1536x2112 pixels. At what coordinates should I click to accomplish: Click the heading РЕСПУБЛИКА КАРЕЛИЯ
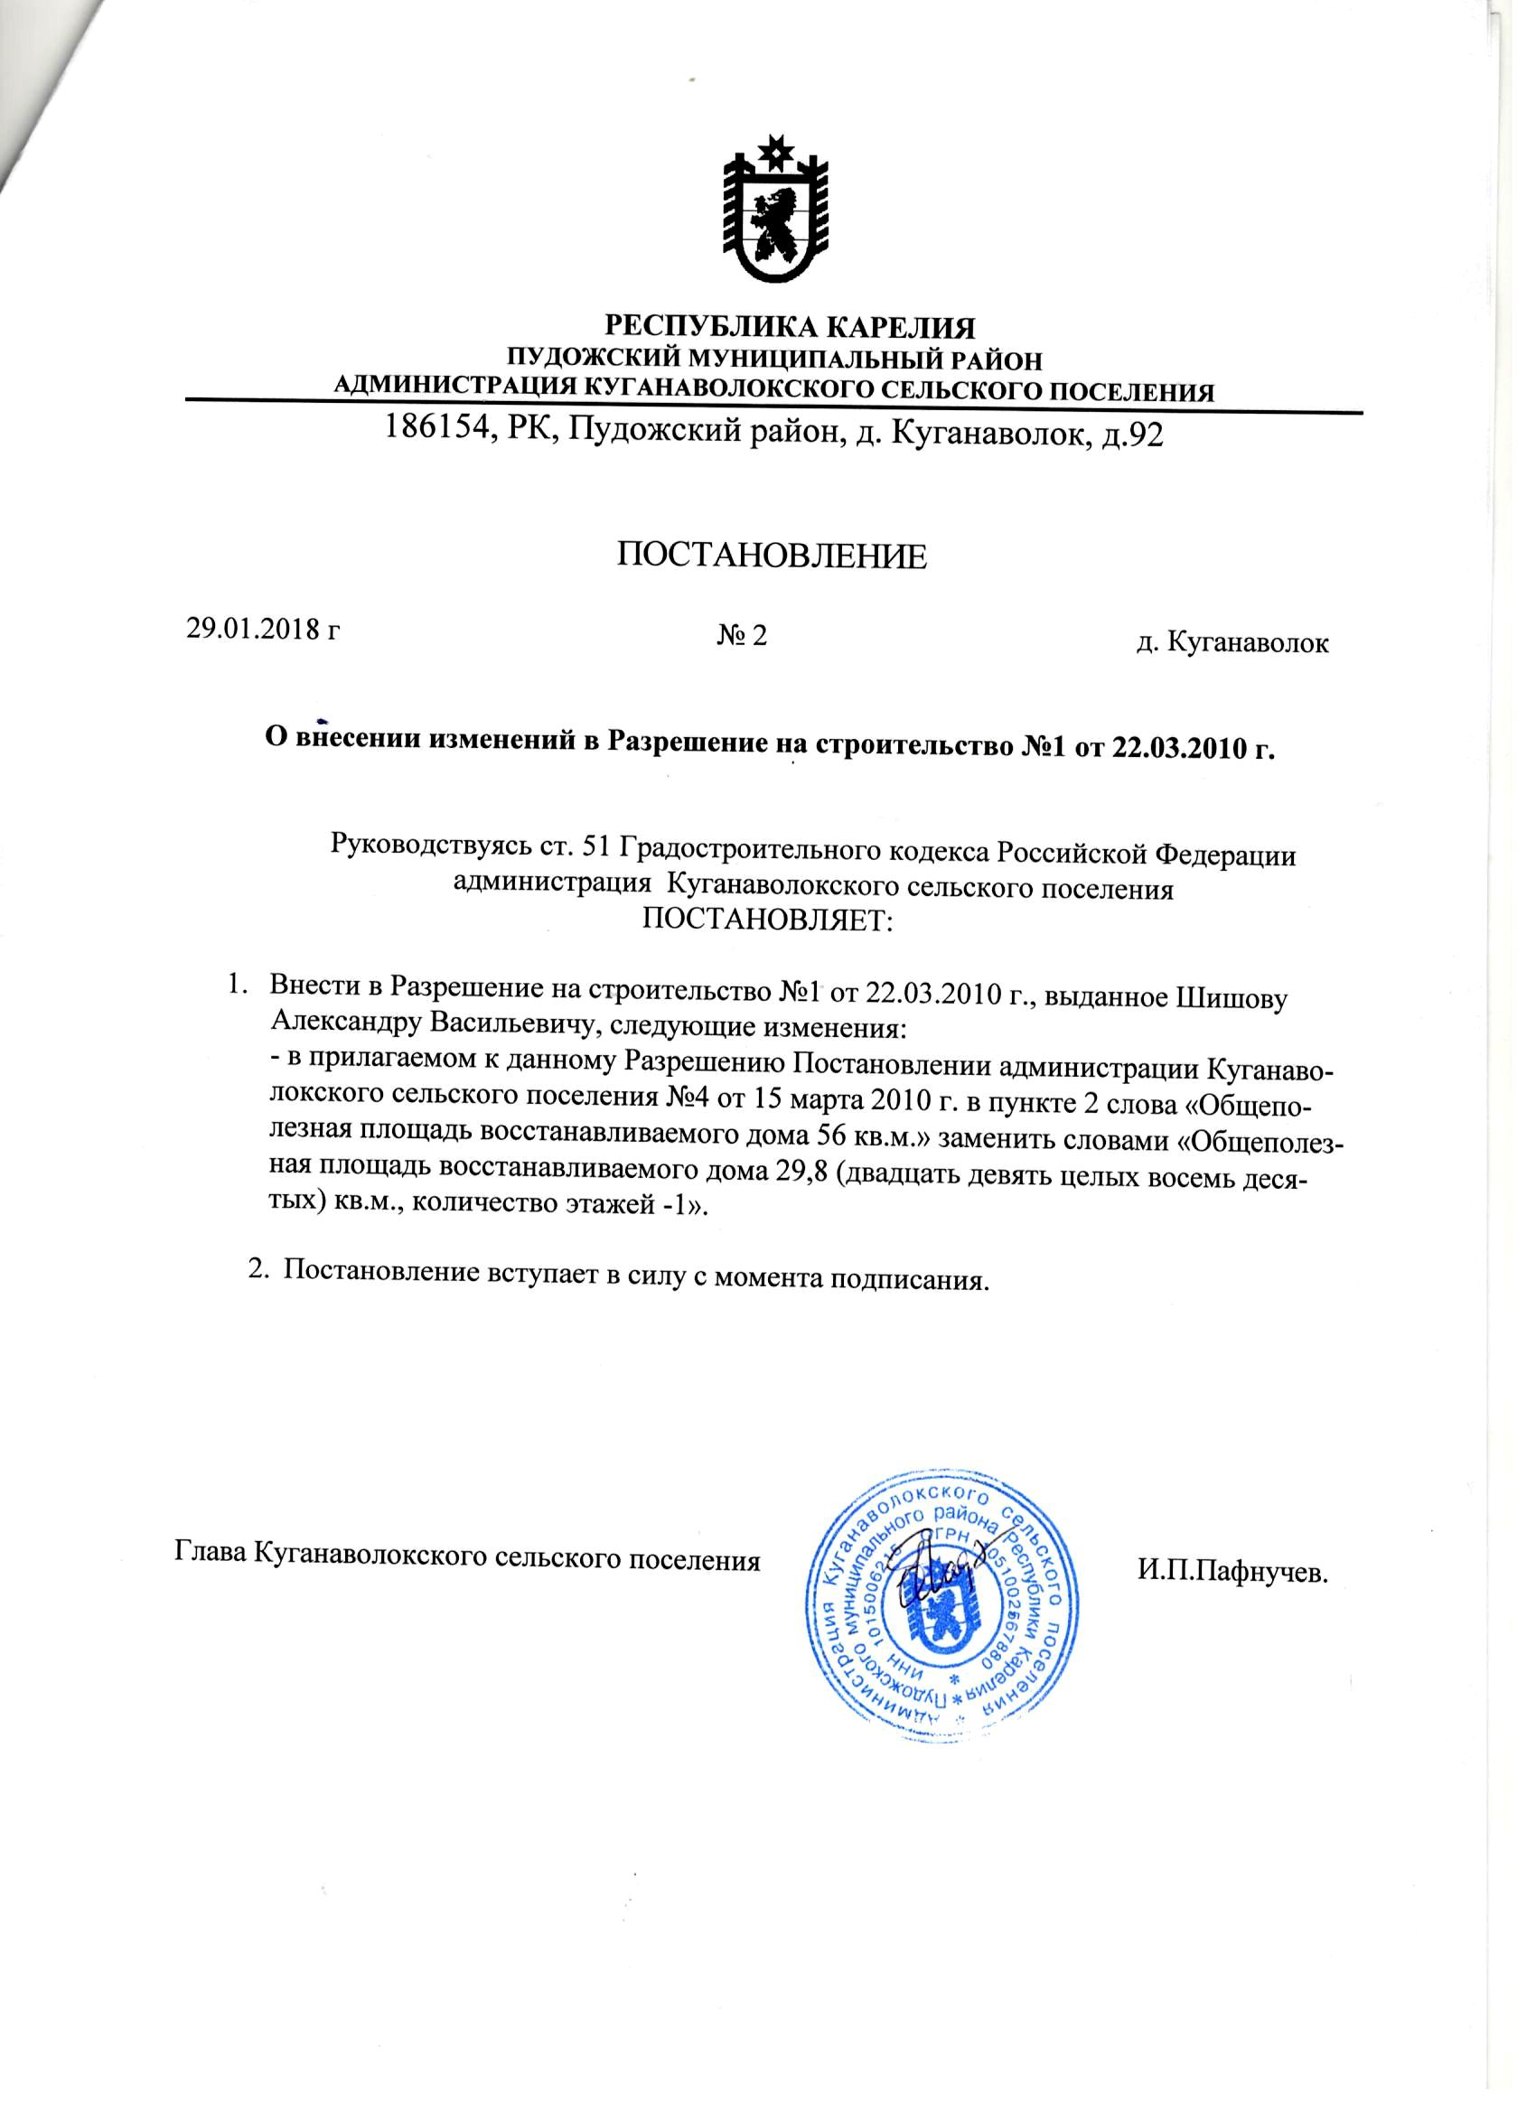tap(790, 328)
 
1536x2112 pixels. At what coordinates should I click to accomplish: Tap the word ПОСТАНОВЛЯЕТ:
tap(766, 921)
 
